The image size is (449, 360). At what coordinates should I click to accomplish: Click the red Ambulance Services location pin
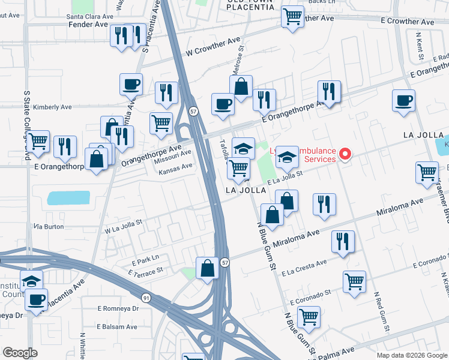click(x=345, y=154)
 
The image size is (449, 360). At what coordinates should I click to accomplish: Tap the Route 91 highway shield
click(x=146, y=297)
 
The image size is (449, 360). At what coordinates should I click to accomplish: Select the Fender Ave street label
click(x=89, y=25)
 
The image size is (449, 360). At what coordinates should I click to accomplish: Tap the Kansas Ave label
click(x=175, y=169)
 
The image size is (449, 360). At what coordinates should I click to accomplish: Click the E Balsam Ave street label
click(x=118, y=327)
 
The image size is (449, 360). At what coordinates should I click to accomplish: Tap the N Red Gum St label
click(x=382, y=312)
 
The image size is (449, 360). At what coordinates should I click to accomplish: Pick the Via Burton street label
click(x=49, y=227)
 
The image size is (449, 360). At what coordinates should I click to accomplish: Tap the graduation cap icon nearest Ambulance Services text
click(x=288, y=157)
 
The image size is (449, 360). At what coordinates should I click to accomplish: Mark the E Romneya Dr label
click(x=118, y=308)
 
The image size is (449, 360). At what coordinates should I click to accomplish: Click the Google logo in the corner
click(x=20, y=353)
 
